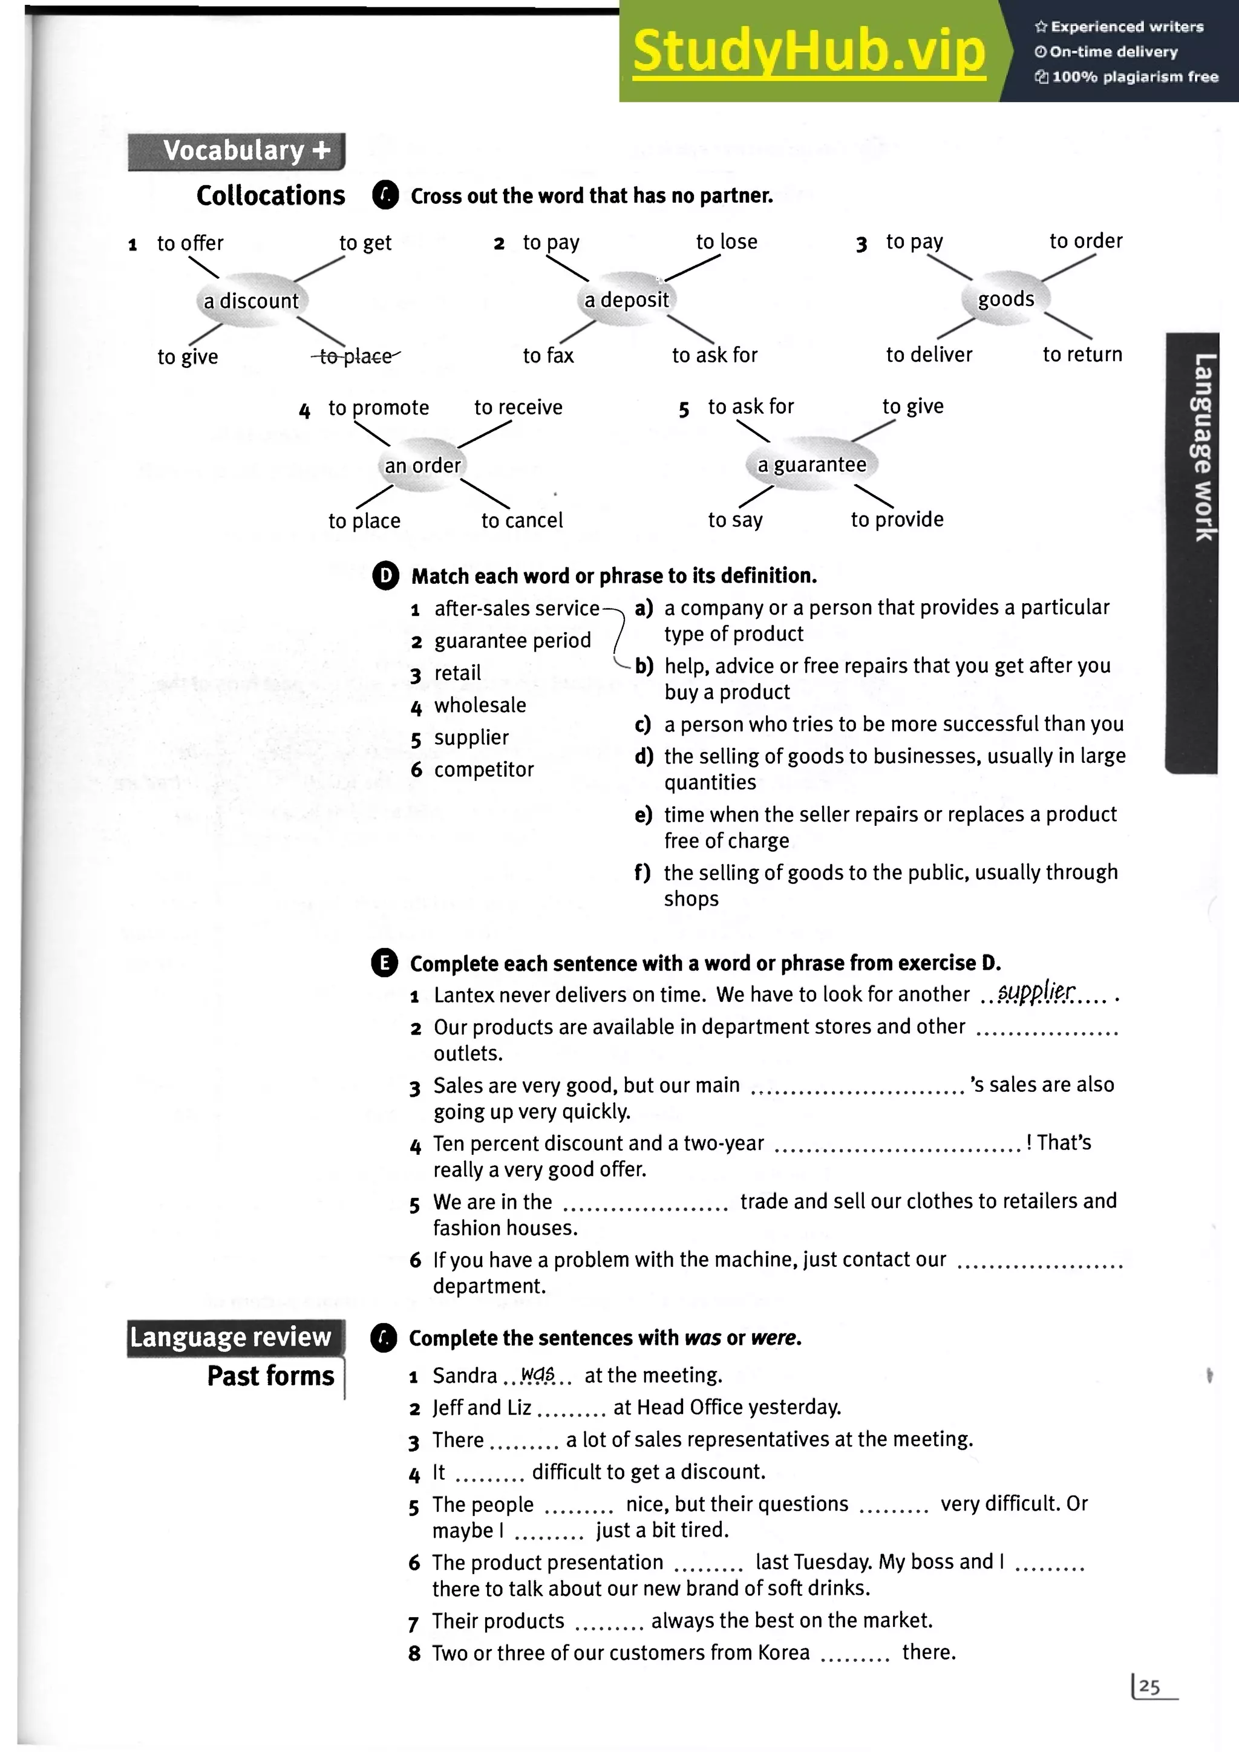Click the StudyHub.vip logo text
(809, 51)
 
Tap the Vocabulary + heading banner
(237, 151)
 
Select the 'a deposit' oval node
(626, 300)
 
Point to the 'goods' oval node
(1005, 299)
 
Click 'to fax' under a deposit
(548, 356)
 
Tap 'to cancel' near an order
(522, 520)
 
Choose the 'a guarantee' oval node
(812, 465)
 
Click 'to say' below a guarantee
(734, 520)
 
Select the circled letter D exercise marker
(385, 575)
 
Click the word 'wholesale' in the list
(480, 705)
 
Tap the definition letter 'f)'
(642, 872)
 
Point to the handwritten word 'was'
(537, 1374)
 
